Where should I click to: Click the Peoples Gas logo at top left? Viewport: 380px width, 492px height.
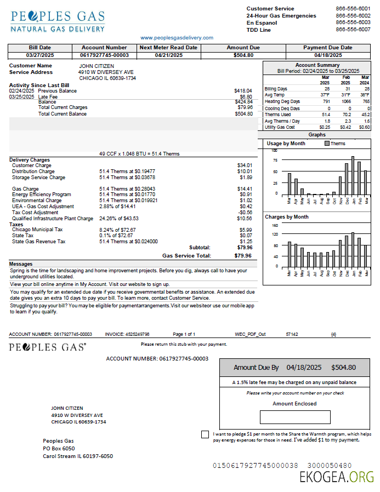pos(58,21)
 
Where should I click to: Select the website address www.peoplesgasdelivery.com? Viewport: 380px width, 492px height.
pos(177,38)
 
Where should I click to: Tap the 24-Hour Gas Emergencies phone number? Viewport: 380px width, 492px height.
pos(353,16)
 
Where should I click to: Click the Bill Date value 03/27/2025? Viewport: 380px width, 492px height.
pos(39,55)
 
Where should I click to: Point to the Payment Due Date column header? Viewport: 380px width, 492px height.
pos(328,48)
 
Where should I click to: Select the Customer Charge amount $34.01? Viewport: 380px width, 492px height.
pos(245,165)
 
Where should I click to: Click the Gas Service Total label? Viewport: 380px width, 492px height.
pos(186,255)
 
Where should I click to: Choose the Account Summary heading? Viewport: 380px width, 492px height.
pos(317,65)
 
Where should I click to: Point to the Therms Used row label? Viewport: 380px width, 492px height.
pos(277,114)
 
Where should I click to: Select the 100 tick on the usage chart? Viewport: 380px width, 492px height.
pos(274,151)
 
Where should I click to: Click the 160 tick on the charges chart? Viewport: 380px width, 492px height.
pos(275,225)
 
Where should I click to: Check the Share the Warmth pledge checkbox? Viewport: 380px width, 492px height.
pos(205,434)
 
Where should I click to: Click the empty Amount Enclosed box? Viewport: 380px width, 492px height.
pos(295,417)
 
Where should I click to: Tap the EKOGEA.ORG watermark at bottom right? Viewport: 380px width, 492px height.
pos(337,477)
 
